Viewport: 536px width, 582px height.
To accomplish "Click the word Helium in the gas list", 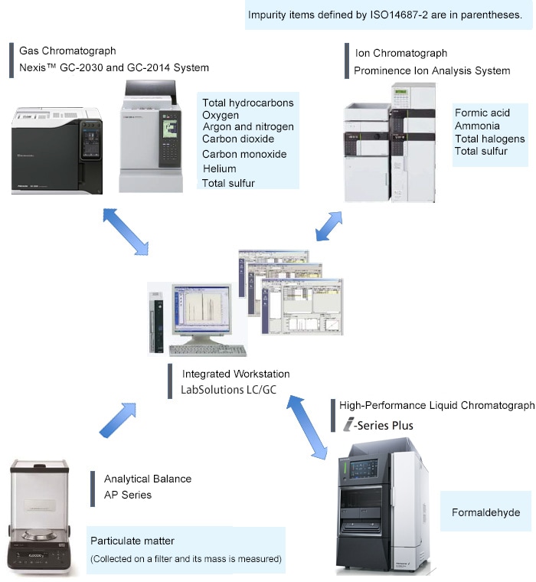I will (219, 168).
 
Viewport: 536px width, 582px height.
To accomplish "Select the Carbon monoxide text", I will (244, 154).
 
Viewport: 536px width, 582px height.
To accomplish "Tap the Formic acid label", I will (482, 113).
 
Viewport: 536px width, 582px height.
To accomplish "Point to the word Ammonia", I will (477, 126).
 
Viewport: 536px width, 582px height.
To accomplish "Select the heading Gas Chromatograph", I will (67, 51).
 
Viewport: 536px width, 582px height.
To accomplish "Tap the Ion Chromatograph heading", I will (401, 53).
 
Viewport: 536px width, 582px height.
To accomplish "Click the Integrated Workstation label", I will (236, 374).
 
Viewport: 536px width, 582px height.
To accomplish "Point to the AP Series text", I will (128, 495).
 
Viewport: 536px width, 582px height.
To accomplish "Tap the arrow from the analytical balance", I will (117, 420).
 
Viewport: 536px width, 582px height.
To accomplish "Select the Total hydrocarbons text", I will (247, 103).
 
